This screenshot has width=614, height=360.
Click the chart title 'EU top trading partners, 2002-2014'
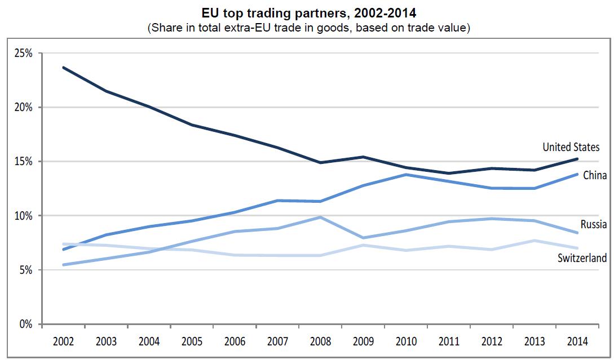point(307,12)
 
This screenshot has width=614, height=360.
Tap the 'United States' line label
point(571,147)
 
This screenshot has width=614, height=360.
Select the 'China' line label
point(594,175)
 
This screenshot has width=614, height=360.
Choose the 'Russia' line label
point(594,224)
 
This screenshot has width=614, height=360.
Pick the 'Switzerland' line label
point(582,259)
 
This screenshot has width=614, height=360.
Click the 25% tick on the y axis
point(24,54)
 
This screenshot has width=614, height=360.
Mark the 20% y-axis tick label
point(24,108)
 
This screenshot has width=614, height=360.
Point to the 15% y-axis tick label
point(24,162)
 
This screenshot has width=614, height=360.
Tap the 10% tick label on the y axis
point(24,216)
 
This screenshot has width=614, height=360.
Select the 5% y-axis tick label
point(26,270)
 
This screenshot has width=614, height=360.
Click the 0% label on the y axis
point(26,324)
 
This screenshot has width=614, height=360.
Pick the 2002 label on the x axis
point(63,341)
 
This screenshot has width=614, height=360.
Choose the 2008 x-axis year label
point(320,341)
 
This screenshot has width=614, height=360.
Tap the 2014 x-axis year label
point(577,341)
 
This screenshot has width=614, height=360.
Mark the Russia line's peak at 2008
point(320,217)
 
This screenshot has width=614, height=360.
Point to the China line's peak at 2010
point(405,175)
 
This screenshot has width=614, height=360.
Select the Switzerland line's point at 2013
point(534,241)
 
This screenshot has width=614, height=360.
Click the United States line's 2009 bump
point(363,157)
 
